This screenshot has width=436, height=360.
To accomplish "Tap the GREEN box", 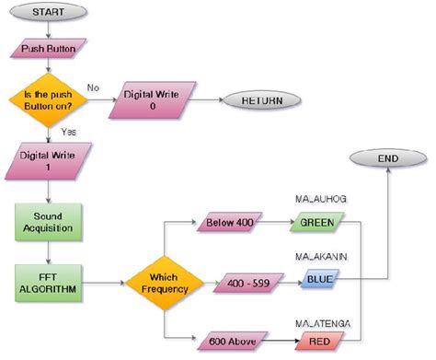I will (x=316, y=222).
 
